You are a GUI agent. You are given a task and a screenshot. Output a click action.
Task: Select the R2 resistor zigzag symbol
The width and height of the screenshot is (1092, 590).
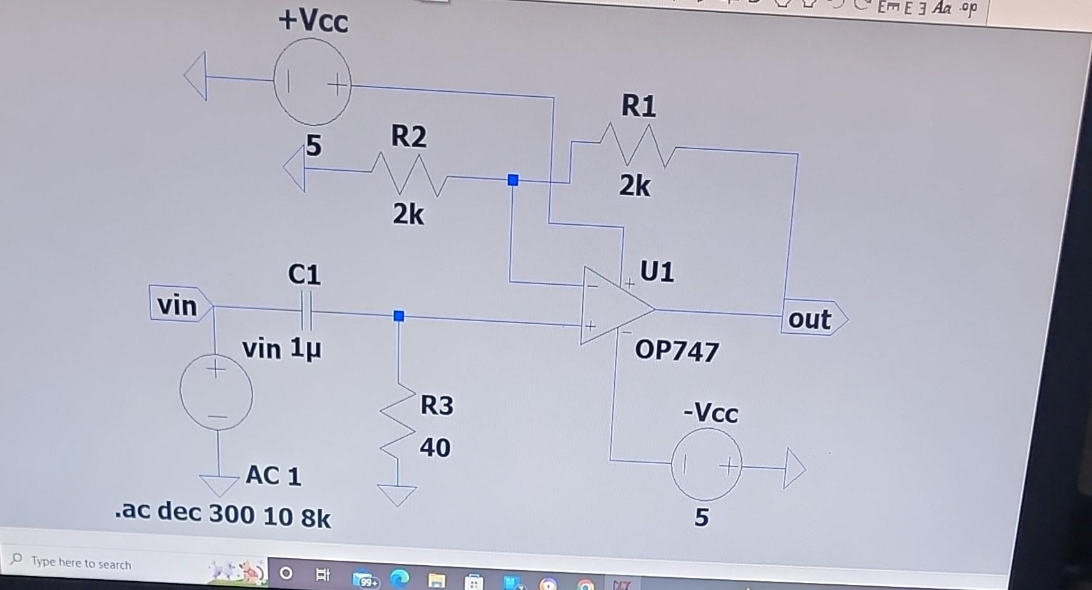click(x=408, y=173)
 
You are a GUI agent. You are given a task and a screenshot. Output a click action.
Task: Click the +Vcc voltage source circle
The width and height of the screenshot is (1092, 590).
click(x=313, y=82)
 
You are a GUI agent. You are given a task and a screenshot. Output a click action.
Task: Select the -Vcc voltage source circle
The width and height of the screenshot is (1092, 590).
click(x=706, y=464)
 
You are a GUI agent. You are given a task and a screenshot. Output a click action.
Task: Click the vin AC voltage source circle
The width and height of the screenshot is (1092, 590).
click(x=216, y=393)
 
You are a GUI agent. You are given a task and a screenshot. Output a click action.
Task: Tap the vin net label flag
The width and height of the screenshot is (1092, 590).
click(x=179, y=304)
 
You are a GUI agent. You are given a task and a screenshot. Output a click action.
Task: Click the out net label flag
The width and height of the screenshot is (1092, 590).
click(x=811, y=318)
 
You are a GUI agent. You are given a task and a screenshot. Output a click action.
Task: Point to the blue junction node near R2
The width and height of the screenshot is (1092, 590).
click(x=513, y=180)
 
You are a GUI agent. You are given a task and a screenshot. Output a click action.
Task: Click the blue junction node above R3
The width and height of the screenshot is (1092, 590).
click(x=399, y=316)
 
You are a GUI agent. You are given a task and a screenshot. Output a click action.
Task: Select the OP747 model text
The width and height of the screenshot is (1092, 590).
click(x=677, y=351)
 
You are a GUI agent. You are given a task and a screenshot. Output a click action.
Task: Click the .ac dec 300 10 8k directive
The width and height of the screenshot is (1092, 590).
click(x=223, y=514)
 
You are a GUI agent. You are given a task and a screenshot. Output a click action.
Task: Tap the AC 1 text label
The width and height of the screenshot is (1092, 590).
click(x=273, y=476)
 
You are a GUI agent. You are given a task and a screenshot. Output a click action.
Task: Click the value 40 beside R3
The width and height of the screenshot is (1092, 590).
click(x=435, y=448)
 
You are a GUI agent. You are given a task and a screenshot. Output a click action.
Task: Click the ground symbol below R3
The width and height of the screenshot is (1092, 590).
click(x=397, y=494)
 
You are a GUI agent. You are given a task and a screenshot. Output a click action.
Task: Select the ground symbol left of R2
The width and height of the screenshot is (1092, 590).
click(x=295, y=169)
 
